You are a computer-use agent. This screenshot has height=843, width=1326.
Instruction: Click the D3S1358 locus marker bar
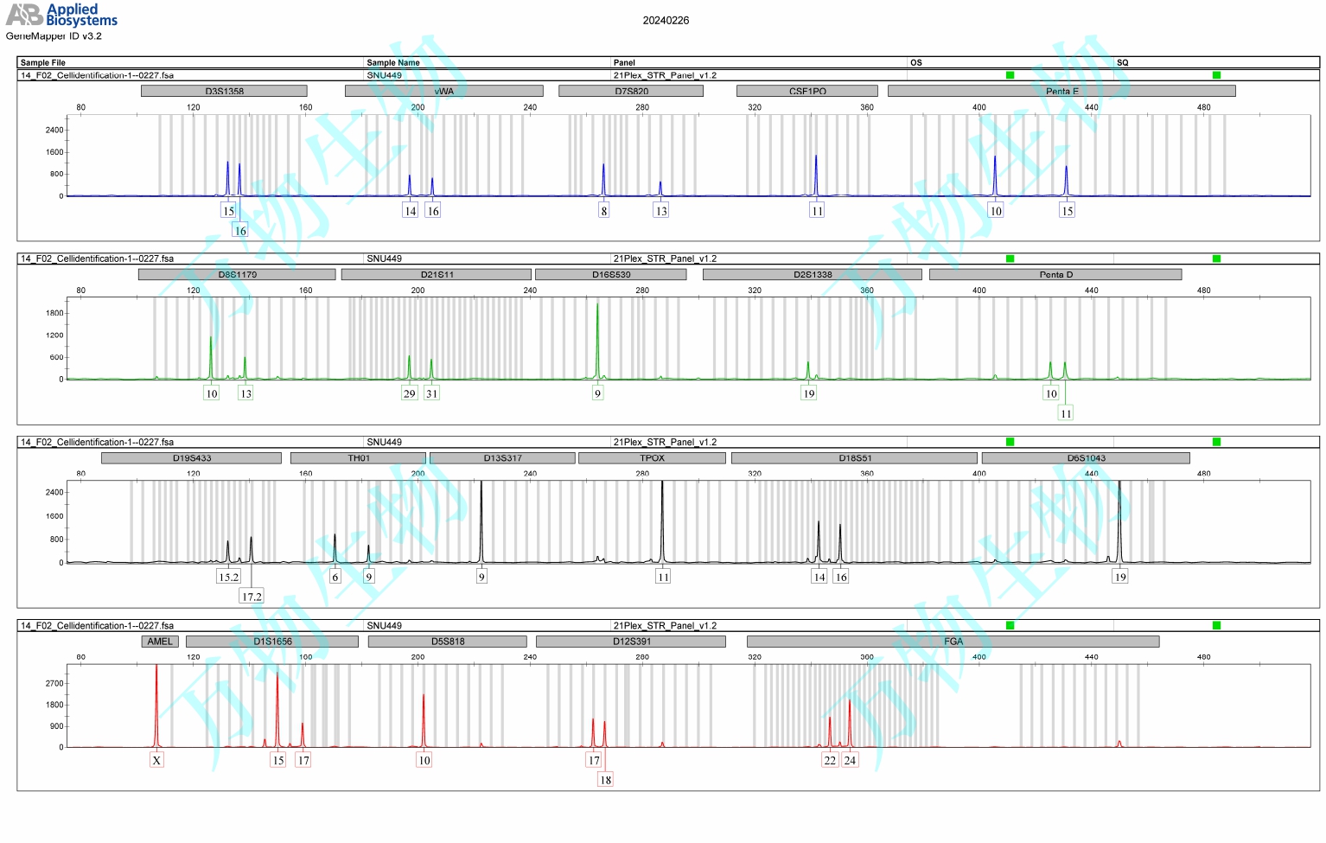[x=224, y=91]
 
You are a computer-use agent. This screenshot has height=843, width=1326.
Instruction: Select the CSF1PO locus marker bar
[x=806, y=91]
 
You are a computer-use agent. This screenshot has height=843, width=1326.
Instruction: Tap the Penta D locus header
[x=1055, y=275]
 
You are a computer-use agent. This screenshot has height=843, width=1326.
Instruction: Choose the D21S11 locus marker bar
[x=437, y=275]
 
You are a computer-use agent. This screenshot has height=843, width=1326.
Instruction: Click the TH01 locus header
[x=358, y=458]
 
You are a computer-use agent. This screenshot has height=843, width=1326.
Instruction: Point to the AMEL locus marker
[x=160, y=642]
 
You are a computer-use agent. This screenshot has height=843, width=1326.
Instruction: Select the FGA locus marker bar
[x=953, y=642]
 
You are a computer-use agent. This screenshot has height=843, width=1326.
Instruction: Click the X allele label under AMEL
[x=156, y=760]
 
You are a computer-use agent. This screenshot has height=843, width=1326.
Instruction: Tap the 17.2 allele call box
[x=252, y=597]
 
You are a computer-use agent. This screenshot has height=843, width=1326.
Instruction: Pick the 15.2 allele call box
[x=228, y=577]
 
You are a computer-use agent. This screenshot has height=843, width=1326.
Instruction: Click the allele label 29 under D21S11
[x=410, y=393]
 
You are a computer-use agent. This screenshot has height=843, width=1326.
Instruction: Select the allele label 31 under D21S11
[x=431, y=393]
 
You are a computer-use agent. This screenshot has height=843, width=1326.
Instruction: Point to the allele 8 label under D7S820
[x=604, y=210]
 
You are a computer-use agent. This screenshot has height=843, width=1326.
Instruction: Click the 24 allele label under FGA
[x=850, y=760]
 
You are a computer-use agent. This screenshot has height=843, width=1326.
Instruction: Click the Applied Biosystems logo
[x=61, y=15]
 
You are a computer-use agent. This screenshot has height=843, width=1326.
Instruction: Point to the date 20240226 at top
[x=666, y=21]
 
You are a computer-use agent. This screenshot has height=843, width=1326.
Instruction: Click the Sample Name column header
[x=393, y=62]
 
